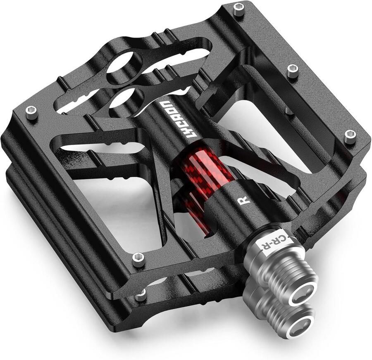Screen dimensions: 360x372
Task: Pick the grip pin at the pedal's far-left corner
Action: [x=31, y=111]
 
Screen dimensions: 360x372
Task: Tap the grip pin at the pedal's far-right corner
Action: [x=350, y=136]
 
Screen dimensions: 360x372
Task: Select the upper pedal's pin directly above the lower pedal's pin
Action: [x=138, y=260]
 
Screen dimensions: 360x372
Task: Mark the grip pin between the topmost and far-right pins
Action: [x=293, y=71]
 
